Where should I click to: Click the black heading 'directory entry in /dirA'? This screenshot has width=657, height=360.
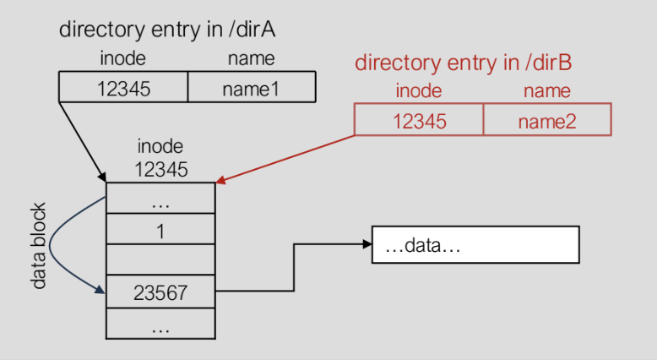[167, 30]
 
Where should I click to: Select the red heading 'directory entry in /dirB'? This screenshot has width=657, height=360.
[463, 63]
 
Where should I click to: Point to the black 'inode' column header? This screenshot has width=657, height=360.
[122, 57]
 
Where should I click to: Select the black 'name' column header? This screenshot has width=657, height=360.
[252, 58]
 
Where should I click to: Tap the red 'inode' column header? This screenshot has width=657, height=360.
[419, 90]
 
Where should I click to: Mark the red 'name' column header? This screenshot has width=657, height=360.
[547, 91]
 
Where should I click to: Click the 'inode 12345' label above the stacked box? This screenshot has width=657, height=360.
[161, 158]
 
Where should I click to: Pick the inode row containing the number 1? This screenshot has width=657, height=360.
[160, 229]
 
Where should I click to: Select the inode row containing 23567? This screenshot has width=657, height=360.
[160, 292]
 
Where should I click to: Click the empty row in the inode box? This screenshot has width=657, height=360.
[160, 259]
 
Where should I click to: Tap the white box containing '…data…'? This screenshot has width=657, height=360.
[475, 245]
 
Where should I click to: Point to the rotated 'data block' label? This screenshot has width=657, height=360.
[38, 246]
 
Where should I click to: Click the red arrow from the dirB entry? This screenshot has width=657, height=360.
[285, 159]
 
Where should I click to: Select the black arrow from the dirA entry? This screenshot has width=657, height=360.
[83, 142]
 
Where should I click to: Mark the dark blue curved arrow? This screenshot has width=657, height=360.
[50, 245]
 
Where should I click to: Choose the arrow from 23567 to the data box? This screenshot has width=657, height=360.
[294, 267]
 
